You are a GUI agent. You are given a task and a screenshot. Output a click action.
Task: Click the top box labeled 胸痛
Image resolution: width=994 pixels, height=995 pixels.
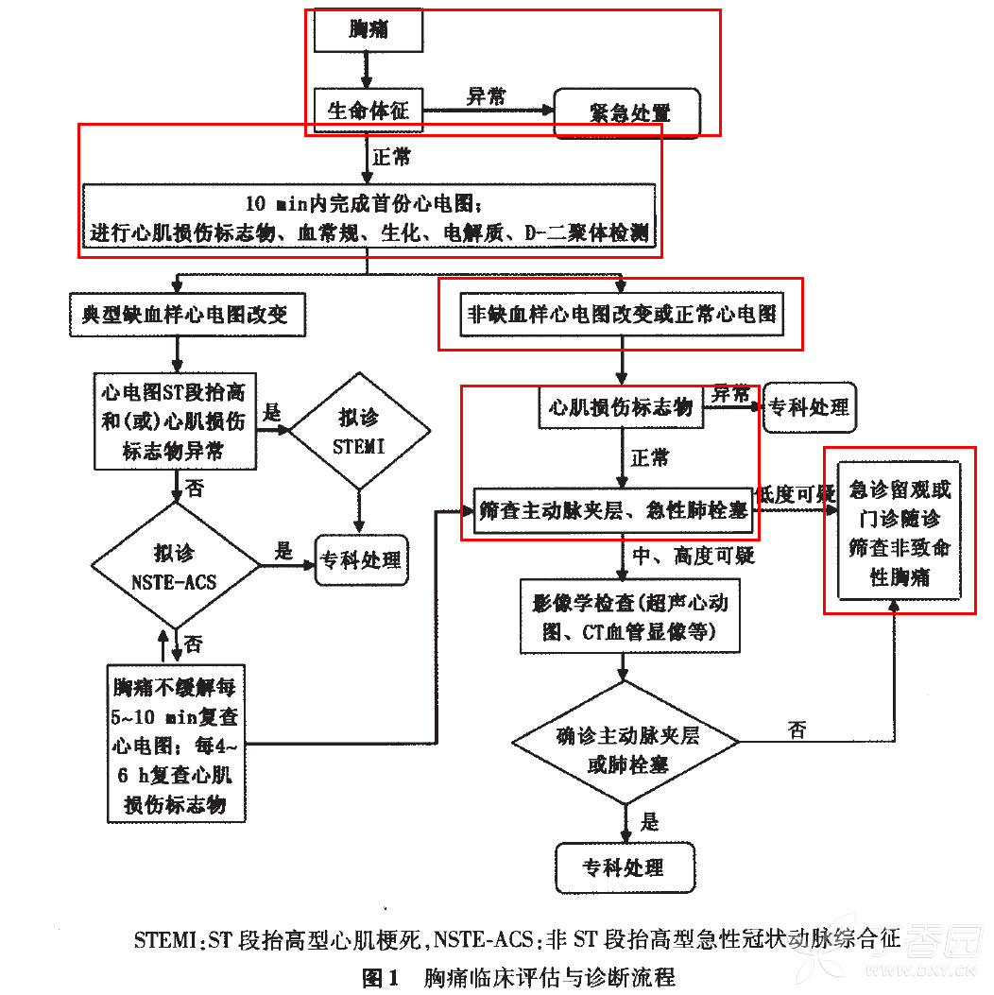[368, 31]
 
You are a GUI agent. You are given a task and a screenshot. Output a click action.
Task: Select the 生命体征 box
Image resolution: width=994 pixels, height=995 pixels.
[368, 111]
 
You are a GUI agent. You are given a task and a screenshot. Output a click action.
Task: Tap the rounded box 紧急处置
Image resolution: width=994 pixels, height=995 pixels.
[628, 112]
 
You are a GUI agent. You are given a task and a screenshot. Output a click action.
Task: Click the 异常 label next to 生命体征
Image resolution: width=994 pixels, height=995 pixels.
[486, 96]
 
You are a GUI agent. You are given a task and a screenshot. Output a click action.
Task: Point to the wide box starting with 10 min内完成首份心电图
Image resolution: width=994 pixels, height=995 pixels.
[368, 217]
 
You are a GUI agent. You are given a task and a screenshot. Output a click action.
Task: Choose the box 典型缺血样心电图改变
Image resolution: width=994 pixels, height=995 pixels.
[187, 316]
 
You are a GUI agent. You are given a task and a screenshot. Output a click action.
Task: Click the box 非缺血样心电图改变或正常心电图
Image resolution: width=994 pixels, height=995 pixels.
[621, 314]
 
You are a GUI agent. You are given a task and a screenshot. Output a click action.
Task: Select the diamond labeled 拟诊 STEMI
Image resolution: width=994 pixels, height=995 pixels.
[359, 433]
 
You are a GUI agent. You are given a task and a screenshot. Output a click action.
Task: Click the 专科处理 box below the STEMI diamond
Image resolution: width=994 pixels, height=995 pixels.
[361, 560]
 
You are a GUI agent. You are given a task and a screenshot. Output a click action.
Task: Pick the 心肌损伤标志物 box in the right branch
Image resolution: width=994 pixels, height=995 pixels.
[621, 407]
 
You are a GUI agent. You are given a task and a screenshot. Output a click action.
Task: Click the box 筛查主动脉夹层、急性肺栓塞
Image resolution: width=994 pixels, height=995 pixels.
[613, 511]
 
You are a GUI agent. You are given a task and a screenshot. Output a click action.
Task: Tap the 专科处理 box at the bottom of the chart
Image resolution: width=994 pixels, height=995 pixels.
[624, 867]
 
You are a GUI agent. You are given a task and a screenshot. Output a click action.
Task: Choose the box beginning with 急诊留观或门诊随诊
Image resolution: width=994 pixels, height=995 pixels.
[899, 532]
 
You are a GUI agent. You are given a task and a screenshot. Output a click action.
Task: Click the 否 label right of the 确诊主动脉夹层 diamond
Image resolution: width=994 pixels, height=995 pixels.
[798, 729]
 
